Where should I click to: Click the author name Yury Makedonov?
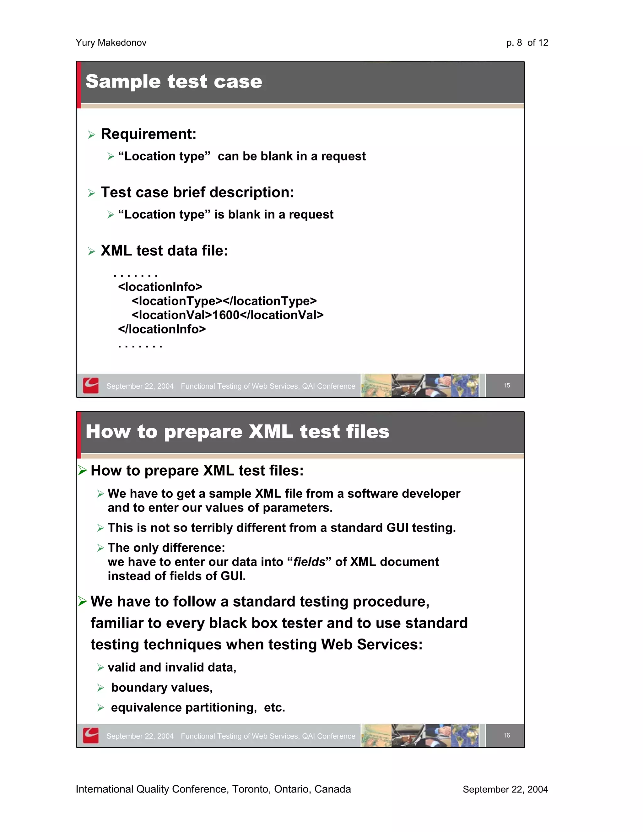click(x=111, y=43)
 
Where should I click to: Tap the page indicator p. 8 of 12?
click(x=527, y=43)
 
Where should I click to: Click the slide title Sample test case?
click(x=174, y=82)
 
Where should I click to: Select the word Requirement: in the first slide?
click(x=149, y=134)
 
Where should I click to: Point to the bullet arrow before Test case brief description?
click(x=91, y=193)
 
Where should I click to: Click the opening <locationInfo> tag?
click(x=160, y=287)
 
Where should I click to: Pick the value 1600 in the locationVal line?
click(x=225, y=315)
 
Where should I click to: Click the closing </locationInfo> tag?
click(x=162, y=329)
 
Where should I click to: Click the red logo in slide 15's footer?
click(x=91, y=386)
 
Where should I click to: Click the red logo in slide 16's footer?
click(x=91, y=735)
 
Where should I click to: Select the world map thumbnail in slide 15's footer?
click(x=465, y=386)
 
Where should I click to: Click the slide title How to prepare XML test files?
click(x=237, y=432)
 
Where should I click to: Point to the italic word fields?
click(x=309, y=562)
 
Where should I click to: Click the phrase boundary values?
click(x=162, y=688)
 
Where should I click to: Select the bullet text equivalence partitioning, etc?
click(x=198, y=707)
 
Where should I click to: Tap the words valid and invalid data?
click(x=172, y=667)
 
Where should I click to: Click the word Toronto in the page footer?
click(x=250, y=789)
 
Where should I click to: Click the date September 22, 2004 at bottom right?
click(x=505, y=789)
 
